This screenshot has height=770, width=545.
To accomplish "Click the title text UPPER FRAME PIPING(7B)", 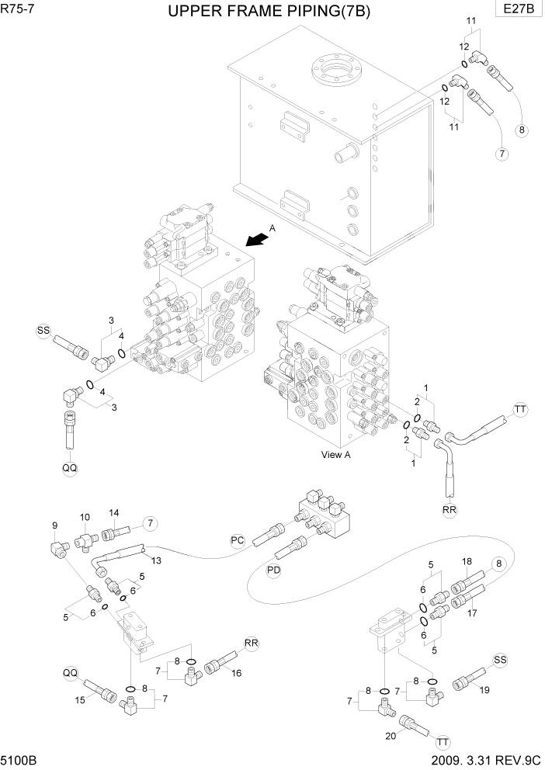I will click(x=272, y=12).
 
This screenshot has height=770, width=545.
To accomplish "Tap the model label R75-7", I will click(x=18, y=9).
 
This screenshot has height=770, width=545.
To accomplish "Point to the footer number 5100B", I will click(x=20, y=759).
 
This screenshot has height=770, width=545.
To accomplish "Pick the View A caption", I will click(x=336, y=455).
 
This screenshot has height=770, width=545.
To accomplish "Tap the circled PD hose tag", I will click(x=273, y=571).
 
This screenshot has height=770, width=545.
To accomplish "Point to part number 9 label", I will click(x=54, y=525).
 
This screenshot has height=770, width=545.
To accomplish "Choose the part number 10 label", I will click(x=85, y=516).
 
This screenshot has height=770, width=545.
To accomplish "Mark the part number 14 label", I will click(x=113, y=512).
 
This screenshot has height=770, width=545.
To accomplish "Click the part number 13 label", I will click(x=156, y=560).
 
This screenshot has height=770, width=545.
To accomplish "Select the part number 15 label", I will click(x=79, y=701).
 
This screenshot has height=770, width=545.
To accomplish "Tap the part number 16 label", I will click(x=236, y=673).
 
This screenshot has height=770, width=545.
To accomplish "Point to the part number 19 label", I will click(x=484, y=689).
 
